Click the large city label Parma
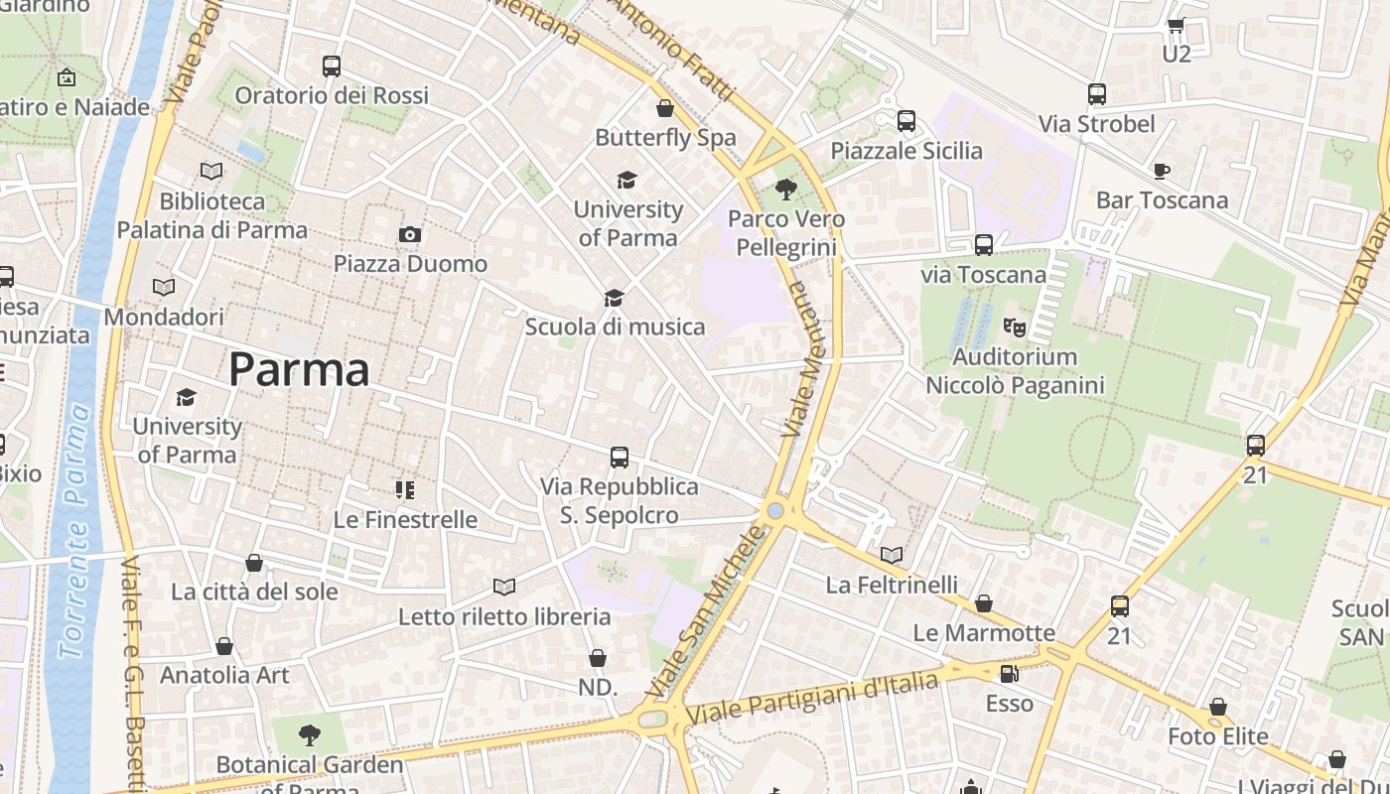coord(299,369)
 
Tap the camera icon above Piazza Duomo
coord(409,234)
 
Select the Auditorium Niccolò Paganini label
coord(1015,370)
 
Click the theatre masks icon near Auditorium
coord(1014,326)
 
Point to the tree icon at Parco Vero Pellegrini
coord(785,188)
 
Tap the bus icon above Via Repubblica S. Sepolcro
coord(620,458)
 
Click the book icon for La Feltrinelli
coord(892,555)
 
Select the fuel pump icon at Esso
coord(1009,674)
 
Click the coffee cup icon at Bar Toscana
coord(1161,171)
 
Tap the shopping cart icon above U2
coord(1176,25)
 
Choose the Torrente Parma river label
coord(77,531)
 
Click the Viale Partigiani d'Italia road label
coord(812,699)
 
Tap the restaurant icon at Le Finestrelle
coord(404,489)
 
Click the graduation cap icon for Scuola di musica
coord(614,298)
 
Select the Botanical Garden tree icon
coord(310,735)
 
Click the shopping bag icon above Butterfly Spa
coord(665,108)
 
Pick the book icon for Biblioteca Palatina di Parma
coord(211,171)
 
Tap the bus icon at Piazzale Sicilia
coord(905,121)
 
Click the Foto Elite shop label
coord(1217,736)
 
